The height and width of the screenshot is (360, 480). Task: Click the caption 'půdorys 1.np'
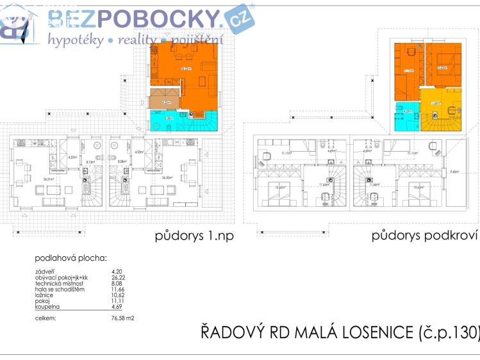[x=195, y=236]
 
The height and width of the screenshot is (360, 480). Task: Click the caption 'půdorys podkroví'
[x=425, y=236]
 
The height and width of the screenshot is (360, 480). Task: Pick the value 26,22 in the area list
[x=117, y=278]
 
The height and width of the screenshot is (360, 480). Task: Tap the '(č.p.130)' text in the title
[x=449, y=333]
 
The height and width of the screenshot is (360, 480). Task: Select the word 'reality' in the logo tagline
[x=135, y=40]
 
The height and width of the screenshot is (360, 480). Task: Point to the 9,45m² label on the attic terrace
[x=454, y=172]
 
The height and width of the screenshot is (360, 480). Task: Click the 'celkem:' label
[x=46, y=317]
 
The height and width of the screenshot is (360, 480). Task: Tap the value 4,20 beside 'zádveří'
[x=116, y=272]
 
